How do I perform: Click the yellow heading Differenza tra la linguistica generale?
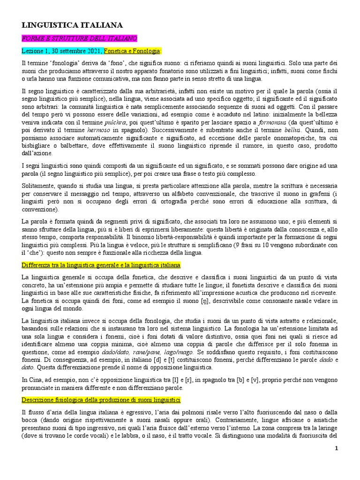tap(101, 265)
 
